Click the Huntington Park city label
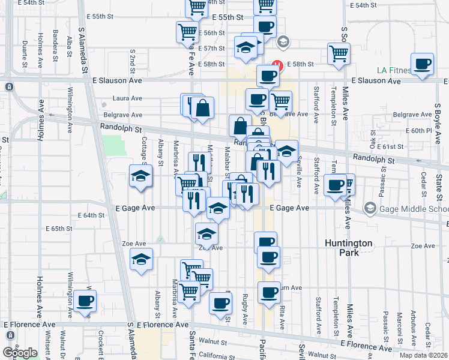point(349,248)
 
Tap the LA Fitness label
point(394,70)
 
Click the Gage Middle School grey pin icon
point(370,208)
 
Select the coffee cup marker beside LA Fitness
point(423,64)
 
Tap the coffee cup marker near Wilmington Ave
point(85,301)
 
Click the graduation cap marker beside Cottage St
point(140,176)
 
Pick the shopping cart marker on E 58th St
point(339,53)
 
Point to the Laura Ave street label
point(127,98)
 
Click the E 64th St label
point(92,215)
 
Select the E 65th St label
point(58,229)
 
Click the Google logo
point(20,353)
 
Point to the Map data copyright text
point(424,355)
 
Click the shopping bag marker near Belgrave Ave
point(203,109)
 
